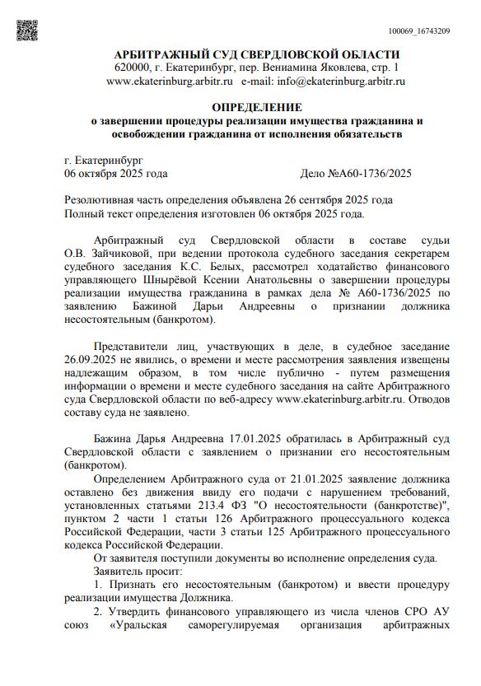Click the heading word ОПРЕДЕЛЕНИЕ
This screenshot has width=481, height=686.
point(256,108)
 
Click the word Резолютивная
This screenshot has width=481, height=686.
point(101,200)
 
